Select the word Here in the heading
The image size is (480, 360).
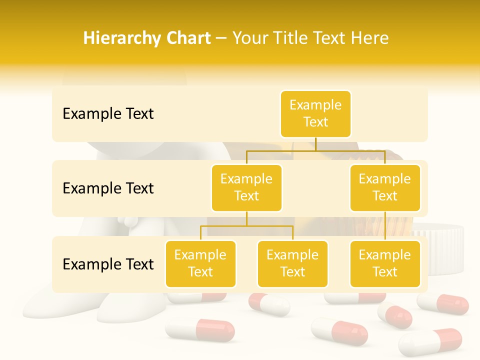click(369, 38)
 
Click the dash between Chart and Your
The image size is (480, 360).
click(221, 38)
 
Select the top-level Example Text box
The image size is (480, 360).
click(315, 113)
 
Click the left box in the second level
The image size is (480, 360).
click(246, 187)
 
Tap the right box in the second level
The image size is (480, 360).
click(385, 187)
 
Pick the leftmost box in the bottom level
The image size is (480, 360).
click(200, 263)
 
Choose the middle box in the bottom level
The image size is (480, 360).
click(292, 263)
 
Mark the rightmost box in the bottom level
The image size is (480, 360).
click(385, 263)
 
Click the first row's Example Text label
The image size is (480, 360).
click(108, 114)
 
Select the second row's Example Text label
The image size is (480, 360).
click(108, 188)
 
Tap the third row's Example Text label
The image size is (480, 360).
click(108, 264)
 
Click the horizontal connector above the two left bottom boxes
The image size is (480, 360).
click(246, 226)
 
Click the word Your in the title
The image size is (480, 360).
click(250, 38)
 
